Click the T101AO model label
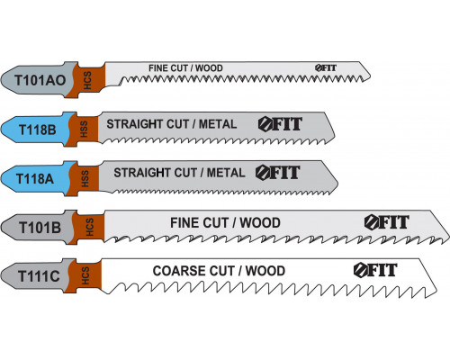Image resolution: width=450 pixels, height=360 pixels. pyautogui.click(x=40, y=80)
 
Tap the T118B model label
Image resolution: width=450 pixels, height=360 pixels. pyautogui.click(x=38, y=130)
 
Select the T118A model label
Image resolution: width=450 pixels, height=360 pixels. pyautogui.click(x=35, y=179)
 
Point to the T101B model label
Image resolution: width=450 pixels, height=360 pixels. pyautogui.click(x=40, y=228)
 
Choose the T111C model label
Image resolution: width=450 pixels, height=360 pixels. pyautogui.click(x=39, y=276)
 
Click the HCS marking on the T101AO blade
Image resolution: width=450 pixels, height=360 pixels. pyautogui.click(x=87, y=80)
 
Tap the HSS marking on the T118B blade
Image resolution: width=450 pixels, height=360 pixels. pyautogui.click(x=84, y=130)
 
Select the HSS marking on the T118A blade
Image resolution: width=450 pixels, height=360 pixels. pyautogui.click(x=85, y=179)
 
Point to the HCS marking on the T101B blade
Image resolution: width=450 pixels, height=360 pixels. pyautogui.click(x=90, y=227)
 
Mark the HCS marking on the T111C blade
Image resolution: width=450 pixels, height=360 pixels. pyautogui.click(x=85, y=275)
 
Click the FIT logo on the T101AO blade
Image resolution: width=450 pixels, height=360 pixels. pyautogui.click(x=326, y=68)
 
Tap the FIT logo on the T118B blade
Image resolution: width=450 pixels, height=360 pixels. pyautogui.click(x=280, y=124)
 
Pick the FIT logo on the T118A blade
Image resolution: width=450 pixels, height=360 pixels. pyautogui.click(x=278, y=173)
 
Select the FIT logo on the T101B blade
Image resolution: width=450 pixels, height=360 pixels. pyautogui.click(x=387, y=222)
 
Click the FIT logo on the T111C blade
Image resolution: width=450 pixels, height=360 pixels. pyautogui.click(x=375, y=270)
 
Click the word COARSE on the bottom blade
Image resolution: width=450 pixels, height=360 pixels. pyautogui.click(x=179, y=271)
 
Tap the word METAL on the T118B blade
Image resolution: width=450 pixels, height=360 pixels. pyautogui.click(x=218, y=124)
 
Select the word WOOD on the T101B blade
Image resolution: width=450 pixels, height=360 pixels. pyautogui.click(x=260, y=223)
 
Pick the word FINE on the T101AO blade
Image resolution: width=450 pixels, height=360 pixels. pyautogui.click(x=158, y=68)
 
